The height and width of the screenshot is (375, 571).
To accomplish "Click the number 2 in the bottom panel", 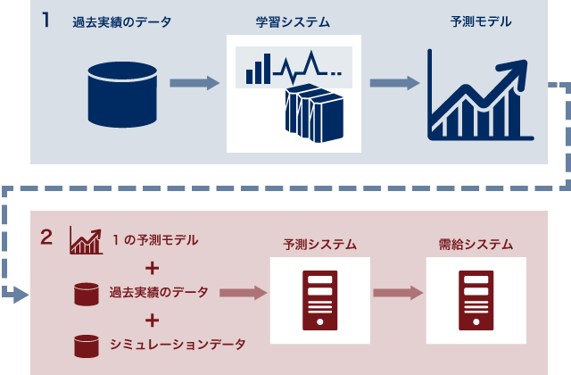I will [46, 237].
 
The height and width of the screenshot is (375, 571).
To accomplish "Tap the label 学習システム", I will [294, 21].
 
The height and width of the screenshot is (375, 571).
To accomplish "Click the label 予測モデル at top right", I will [481, 21].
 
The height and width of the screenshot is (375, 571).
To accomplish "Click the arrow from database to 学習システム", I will [194, 83].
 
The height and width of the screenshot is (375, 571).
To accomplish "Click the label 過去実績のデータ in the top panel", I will [122, 21].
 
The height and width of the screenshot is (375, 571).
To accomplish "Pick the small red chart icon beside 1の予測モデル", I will [85, 239].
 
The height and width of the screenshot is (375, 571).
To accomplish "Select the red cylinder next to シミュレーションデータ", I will [86, 343].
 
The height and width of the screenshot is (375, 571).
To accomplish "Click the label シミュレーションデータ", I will [176, 343].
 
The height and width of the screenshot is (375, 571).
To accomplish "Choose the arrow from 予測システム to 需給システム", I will [397, 292].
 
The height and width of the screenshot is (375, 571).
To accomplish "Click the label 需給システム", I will [476, 242].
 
